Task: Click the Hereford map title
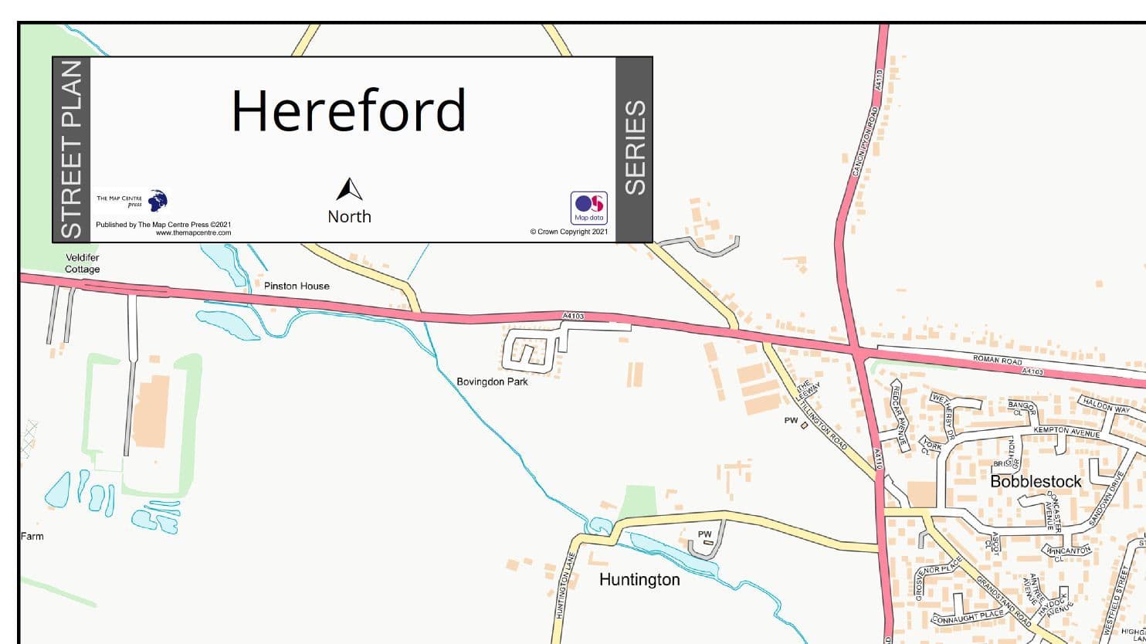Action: pyautogui.click(x=348, y=110)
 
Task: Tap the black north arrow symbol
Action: pyautogui.click(x=349, y=190)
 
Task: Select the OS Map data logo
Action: pyautogui.click(x=588, y=208)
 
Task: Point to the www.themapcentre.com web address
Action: pyautogui.click(x=193, y=232)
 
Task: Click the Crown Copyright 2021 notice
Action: pyautogui.click(x=569, y=232)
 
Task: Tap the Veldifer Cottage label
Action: pyautogui.click(x=83, y=263)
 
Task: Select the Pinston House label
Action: pyautogui.click(x=297, y=286)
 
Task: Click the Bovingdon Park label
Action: pyautogui.click(x=492, y=381)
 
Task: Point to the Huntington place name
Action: pyautogui.click(x=639, y=580)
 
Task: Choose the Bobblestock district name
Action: pyautogui.click(x=1036, y=482)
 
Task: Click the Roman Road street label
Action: pyautogui.click(x=997, y=361)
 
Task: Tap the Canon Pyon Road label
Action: pyautogui.click(x=866, y=141)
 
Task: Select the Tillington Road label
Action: pyautogui.click(x=825, y=424)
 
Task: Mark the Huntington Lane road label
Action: pyautogui.click(x=562, y=594)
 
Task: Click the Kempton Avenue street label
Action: pyautogui.click(x=1066, y=431)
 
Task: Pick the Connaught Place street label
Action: pyautogui.click(x=968, y=616)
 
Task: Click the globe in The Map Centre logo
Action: pyautogui.click(x=158, y=201)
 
